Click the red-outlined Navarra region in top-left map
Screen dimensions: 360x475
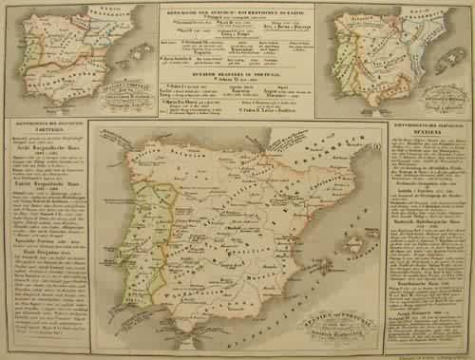(92, 21)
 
